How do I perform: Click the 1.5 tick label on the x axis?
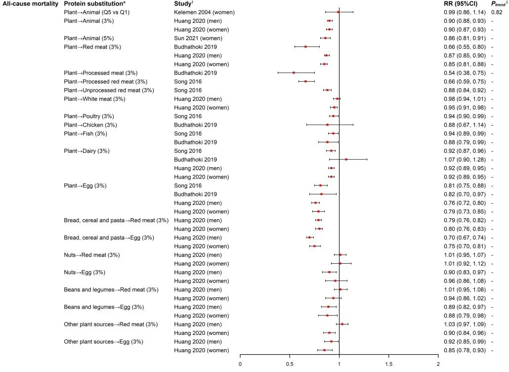[388, 365]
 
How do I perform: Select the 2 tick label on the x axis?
[438, 365]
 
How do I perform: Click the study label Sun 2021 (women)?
[196, 38]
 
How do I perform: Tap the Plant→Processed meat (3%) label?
[100, 73]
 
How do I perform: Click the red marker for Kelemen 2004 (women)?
[339, 12]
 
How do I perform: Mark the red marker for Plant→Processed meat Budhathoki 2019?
[294, 73]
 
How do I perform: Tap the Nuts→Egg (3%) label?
[85, 272]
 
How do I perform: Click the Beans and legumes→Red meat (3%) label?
[111, 289]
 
